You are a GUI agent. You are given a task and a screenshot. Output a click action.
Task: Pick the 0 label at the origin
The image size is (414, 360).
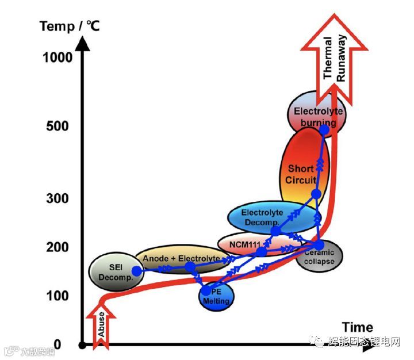pyautogui.click(x=65, y=345)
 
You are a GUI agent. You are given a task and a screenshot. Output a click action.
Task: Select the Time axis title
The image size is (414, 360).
pyautogui.click(x=357, y=327)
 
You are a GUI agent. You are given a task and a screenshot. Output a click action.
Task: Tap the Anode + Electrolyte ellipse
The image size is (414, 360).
pyautogui.click(x=179, y=259)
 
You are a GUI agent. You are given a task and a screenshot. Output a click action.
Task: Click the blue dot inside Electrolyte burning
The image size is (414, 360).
pyautogui.click(x=324, y=129)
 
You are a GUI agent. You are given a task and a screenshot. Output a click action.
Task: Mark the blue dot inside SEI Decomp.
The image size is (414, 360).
pyautogui.click(x=136, y=271)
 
